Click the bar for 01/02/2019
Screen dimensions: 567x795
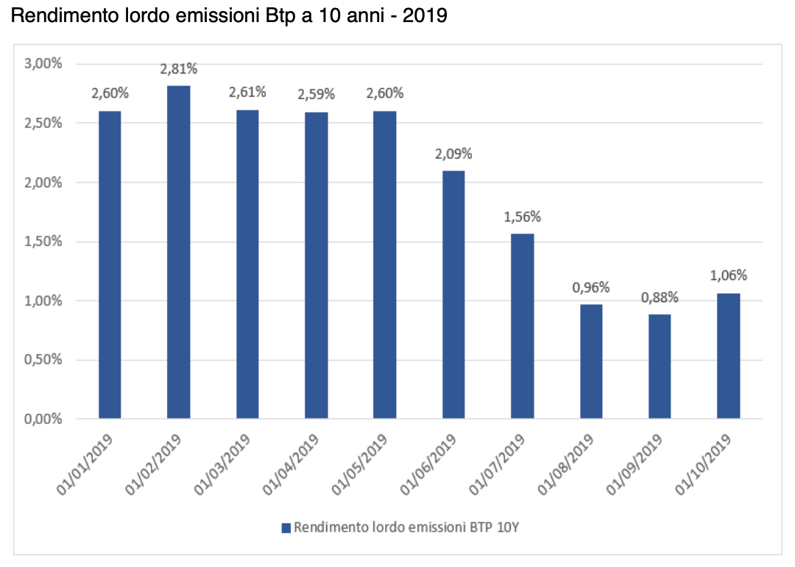[x=178, y=252]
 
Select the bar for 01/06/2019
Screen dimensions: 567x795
[x=453, y=295]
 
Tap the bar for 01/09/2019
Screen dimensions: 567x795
[x=660, y=367]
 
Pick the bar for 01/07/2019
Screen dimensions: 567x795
[x=522, y=326]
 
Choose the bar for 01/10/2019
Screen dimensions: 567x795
[x=728, y=356]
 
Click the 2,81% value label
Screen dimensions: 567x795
[x=179, y=70]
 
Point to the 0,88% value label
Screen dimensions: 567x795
[x=660, y=298]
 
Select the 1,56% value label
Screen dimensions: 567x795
[x=523, y=217]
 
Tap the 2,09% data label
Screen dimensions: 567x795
[x=453, y=155]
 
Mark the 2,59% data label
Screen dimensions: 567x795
[x=316, y=94]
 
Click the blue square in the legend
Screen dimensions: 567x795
[x=286, y=527]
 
